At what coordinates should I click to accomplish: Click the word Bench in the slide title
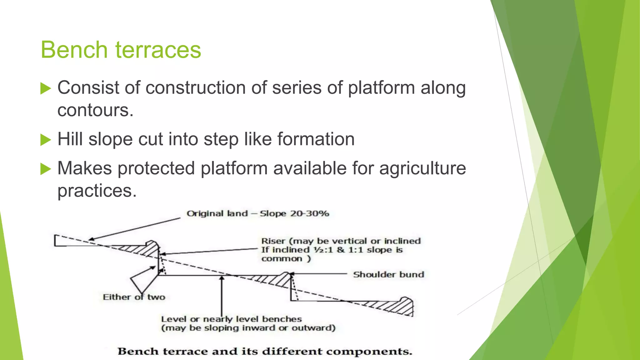(74, 50)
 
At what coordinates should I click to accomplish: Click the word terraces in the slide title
(158, 50)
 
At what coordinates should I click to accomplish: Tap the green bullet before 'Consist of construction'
(46, 88)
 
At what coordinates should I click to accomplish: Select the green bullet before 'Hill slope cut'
(46, 140)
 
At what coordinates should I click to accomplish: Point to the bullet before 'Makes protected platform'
(46, 169)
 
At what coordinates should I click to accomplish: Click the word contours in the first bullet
(95, 110)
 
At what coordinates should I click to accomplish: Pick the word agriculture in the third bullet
(422, 168)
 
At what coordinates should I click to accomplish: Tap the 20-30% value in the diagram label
(309, 214)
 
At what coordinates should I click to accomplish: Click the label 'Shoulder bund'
(388, 275)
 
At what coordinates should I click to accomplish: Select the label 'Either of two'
(134, 297)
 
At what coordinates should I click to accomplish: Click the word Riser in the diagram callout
(273, 241)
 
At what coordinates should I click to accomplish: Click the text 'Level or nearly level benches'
(231, 319)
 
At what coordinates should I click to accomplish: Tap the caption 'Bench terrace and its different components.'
(265, 352)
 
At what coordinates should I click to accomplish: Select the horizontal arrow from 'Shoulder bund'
(319, 274)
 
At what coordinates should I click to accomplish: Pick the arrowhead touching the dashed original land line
(91, 240)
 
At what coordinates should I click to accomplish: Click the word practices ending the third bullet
(97, 191)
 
